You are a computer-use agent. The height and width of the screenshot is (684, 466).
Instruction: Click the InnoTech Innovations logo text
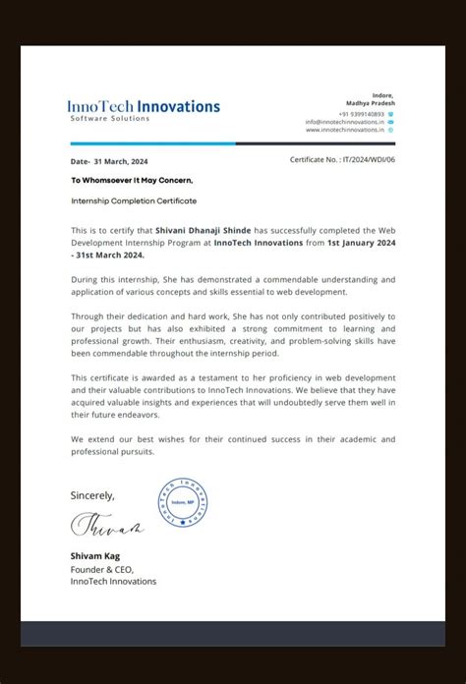coord(144,105)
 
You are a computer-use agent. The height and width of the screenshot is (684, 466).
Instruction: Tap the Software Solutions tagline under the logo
coord(109,119)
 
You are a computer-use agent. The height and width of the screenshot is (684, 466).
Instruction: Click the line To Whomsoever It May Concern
coord(132,180)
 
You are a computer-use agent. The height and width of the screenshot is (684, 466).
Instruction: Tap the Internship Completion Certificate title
coord(134,200)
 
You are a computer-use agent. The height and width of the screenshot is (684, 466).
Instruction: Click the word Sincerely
coord(92,495)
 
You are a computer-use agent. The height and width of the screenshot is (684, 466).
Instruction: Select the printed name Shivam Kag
coord(94,556)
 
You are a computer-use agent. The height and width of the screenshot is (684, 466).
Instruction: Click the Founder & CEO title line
coord(102,569)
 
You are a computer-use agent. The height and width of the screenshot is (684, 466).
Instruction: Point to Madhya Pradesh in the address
coord(370,102)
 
